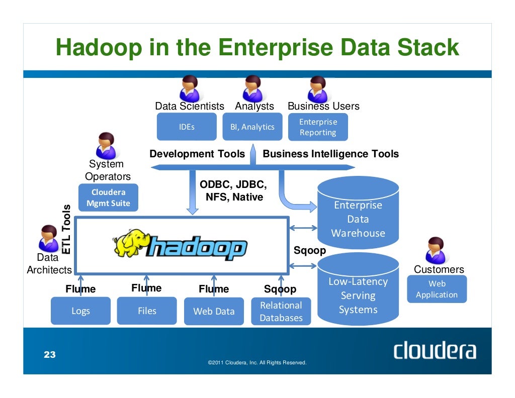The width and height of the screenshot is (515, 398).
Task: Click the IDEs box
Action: (x=187, y=127)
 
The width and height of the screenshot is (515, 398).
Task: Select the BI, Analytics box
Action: (x=252, y=127)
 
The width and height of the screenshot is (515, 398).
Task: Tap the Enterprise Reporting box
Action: (x=318, y=127)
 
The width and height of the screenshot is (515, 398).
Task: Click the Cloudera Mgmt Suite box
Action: (x=108, y=197)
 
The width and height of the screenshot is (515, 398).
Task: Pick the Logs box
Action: (x=80, y=311)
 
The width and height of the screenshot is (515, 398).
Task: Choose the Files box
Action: (x=147, y=311)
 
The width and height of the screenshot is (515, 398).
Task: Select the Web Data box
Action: (x=214, y=311)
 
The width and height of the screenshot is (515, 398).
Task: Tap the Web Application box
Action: (x=437, y=289)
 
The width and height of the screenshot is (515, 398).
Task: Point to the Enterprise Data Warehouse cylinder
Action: (x=358, y=216)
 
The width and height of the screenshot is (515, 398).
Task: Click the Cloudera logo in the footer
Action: (x=435, y=350)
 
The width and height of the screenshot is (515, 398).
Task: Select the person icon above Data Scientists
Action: (x=189, y=88)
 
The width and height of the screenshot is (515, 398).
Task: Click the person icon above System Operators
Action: (x=106, y=145)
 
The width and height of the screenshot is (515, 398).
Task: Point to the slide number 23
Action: (x=49, y=355)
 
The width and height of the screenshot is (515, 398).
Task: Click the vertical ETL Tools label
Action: (x=66, y=229)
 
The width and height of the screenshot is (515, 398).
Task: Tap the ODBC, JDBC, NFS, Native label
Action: (x=233, y=191)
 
